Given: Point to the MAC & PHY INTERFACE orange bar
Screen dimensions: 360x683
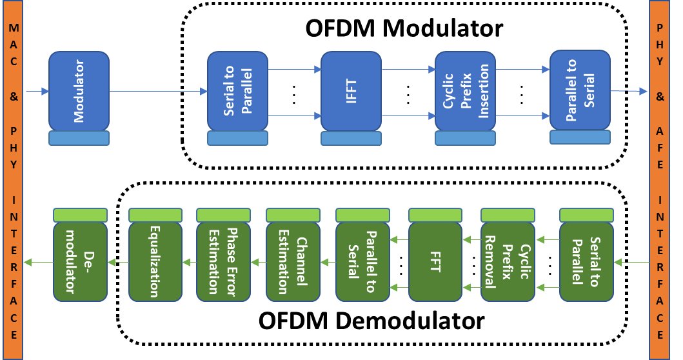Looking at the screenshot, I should tap(12, 180).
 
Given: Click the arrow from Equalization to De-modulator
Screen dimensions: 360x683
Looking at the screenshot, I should tap(117, 262).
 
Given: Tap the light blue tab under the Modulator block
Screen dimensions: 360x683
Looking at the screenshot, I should tap(79, 137).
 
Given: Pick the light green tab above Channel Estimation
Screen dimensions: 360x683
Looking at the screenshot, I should tap(293, 214).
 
